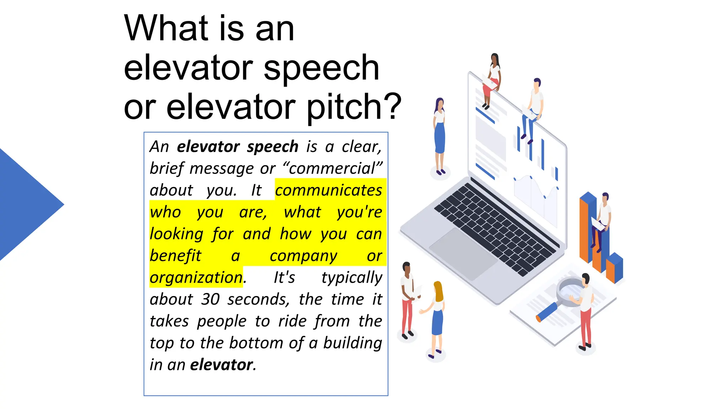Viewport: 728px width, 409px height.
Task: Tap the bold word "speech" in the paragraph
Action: (x=273, y=147)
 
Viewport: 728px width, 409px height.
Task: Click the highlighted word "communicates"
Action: (x=328, y=190)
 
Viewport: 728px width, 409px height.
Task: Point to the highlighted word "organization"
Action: (x=196, y=278)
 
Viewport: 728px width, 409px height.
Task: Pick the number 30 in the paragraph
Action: (x=210, y=299)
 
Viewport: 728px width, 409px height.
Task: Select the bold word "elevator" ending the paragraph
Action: (x=221, y=365)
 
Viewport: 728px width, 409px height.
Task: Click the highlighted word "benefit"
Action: (x=175, y=256)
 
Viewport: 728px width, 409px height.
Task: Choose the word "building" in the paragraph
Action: (x=352, y=343)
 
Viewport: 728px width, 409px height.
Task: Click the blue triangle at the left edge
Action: (x=25, y=204)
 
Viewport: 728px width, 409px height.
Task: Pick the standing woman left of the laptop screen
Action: (x=440, y=135)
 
